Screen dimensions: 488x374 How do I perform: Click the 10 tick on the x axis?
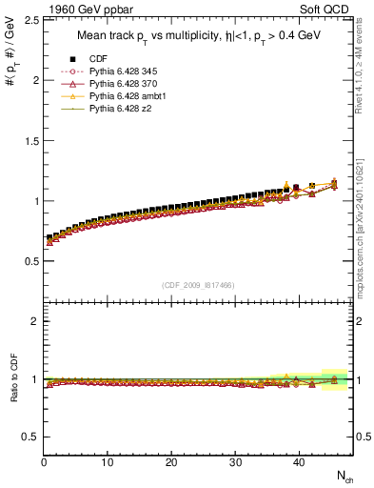[x=108, y=463]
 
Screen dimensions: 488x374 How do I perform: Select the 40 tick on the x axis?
[x=298, y=463]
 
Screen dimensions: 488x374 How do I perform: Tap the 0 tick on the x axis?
[x=45, y=463]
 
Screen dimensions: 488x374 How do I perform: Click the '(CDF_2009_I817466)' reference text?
[x=199, y=285]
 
